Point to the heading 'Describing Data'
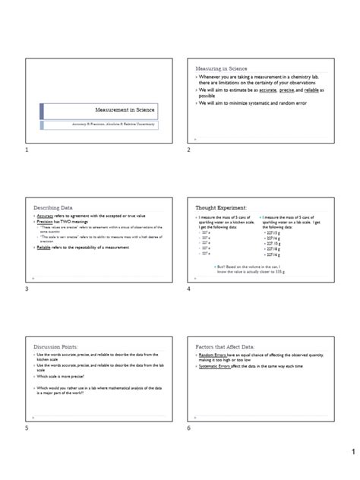click(x=52, y=207)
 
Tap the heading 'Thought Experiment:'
click(x=221, y=207)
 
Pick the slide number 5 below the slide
click(x=26, y=430)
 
